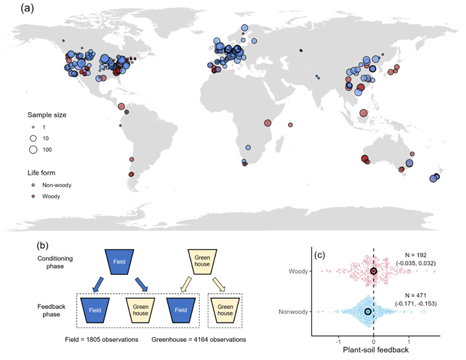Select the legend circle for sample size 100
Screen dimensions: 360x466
(33, 150)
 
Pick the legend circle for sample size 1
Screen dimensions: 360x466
(33, 126)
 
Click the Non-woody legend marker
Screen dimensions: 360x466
(33, 185)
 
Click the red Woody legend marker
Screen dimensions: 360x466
(33, 196)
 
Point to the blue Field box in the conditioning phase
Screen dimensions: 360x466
(118, 260)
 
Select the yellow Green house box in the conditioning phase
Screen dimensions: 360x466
(202, 260)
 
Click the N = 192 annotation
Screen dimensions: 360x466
(420, 255)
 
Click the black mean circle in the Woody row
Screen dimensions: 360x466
(373, 271)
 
